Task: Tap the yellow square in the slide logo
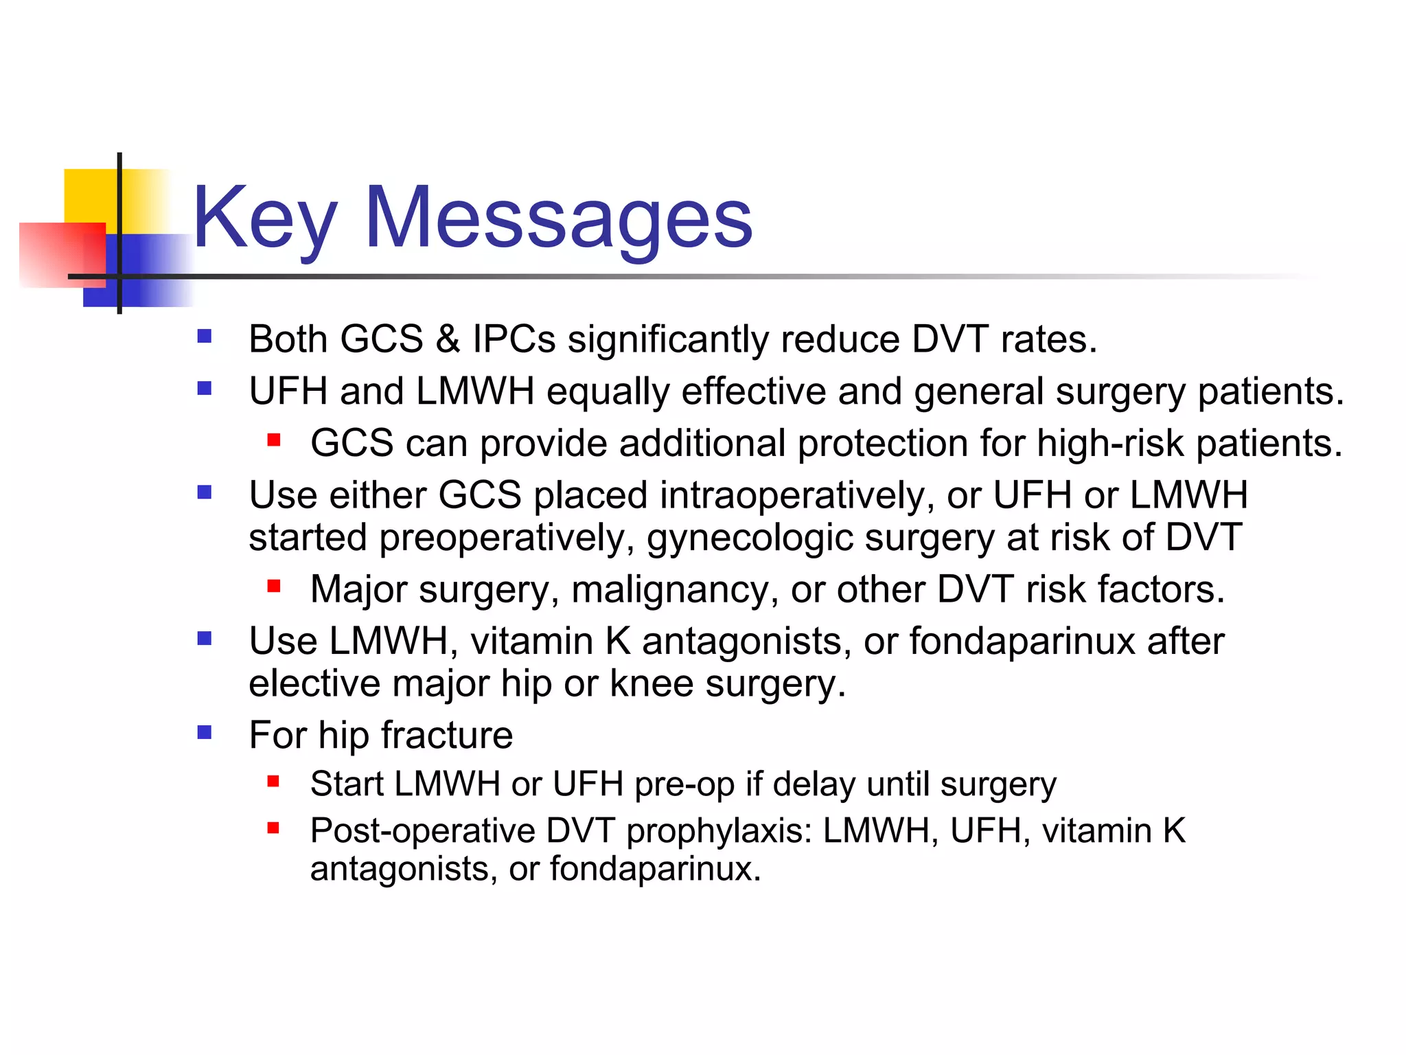(89, 196)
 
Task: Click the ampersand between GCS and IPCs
(447, 339)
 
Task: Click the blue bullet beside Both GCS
(204, 337)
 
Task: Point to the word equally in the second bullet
(608, 392)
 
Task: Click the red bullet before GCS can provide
(274, 440)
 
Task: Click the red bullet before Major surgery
(274, 586)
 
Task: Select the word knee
(651, 684)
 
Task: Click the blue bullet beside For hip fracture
(204, 732)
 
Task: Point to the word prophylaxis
(719, 831)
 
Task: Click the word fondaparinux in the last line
(654, 869)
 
